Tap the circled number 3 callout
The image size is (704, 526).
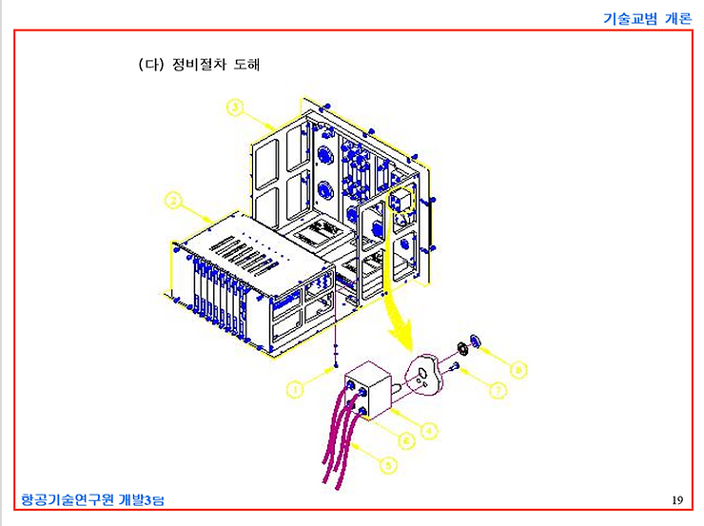pos(234,107)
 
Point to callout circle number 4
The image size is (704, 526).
pos(430,432)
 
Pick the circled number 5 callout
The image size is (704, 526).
pos(387,464)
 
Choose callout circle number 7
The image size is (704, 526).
pos(499,389)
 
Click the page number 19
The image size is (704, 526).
pos(676,500)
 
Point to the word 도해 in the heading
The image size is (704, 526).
pos(246,67)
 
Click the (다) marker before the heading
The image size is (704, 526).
pos(152,67)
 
